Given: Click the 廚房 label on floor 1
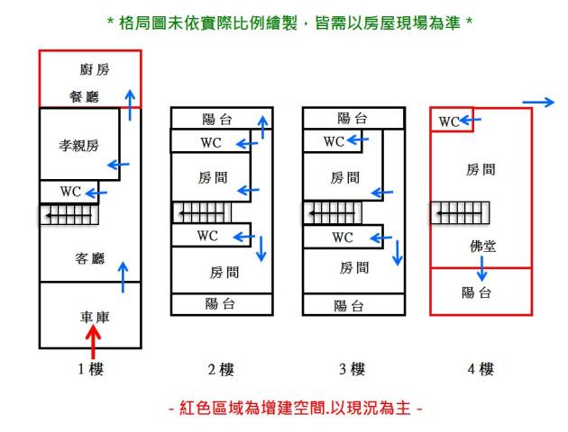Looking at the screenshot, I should point(89,71).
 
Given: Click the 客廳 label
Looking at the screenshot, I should point(89,259).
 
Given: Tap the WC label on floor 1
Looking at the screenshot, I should point(71,192).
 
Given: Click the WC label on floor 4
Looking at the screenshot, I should point(451,121).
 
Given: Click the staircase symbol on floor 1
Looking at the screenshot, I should point(69,216).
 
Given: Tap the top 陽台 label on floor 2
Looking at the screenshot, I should point(219,118).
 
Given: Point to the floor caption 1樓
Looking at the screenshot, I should point(90,369).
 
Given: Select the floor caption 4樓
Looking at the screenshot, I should point(480,369).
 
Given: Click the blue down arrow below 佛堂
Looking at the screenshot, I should point(482,267).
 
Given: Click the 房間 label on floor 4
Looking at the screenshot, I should point(480,169).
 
